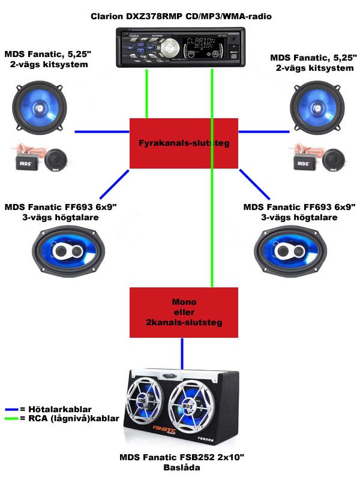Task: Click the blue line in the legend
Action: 10,409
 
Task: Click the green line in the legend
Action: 10,418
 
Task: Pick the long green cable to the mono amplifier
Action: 212,180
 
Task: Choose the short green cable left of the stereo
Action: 148,93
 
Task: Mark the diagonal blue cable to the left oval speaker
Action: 112,186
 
